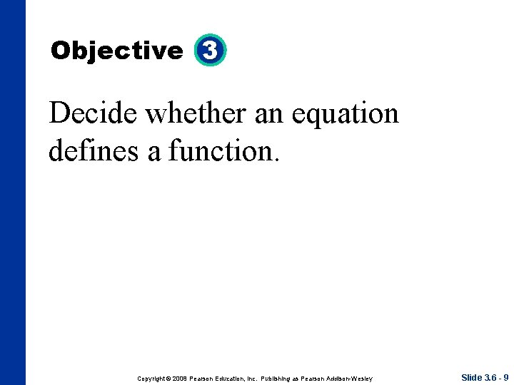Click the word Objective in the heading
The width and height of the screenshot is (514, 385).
point(117,51)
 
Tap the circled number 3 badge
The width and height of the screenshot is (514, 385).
point(210,51)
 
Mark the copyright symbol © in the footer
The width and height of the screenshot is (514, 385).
point(168,378)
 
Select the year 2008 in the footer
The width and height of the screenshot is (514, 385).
point(180,378)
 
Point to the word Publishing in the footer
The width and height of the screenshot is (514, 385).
point(281,378)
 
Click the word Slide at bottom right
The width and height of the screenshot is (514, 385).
point(472,377)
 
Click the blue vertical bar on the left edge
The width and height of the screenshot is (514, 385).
point(12,192)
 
